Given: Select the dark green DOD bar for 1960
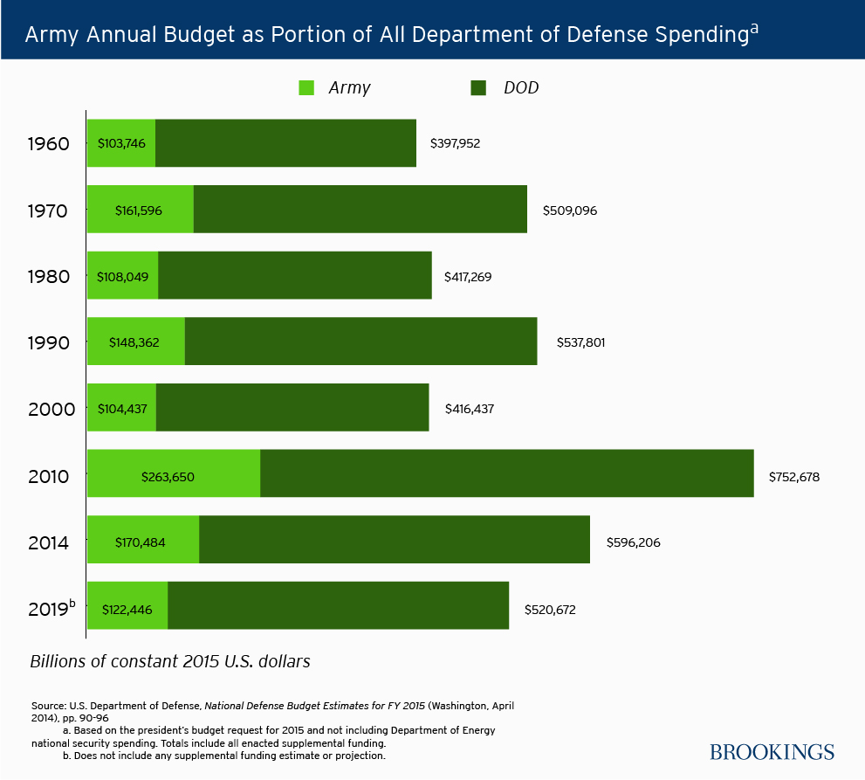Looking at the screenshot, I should (285, 142).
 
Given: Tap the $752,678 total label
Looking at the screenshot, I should (793, 477).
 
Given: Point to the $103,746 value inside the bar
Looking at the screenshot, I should (121, 143).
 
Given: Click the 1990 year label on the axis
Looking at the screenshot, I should (49, 342).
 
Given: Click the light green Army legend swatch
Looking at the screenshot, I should (305, 87).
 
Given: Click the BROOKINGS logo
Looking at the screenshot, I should (772, 752).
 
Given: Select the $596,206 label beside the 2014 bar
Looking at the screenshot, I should (633, 542).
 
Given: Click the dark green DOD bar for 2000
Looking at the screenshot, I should (292, 408).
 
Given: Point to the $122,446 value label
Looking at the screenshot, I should (127, 610).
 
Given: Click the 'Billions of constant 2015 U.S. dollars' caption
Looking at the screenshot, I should (170, 661).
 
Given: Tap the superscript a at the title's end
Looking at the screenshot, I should (754, 28).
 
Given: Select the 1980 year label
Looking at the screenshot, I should (49, 276).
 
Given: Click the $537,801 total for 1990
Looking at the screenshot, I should (580, 342).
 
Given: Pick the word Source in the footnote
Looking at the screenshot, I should (49, 704).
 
